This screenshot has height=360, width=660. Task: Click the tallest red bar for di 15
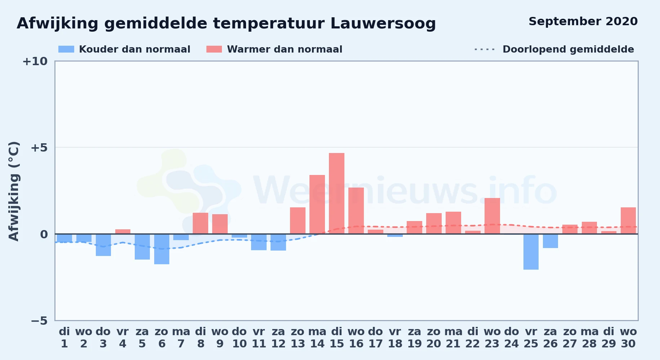click(x=336, y=193)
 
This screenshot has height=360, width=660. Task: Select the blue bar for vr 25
click(x=531, y=252)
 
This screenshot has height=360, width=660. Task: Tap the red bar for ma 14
click(x=317, y=204)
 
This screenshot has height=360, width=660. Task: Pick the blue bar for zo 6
click(x=162, y=249)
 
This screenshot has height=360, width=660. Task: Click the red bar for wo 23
click(x=492, y=216)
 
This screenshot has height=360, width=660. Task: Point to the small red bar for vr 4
click(x=123, y=231)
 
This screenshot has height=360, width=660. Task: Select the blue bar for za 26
click(x=550, y=241)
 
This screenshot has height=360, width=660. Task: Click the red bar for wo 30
click(x=628, y=221)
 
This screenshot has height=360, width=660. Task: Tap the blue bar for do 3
click(x=103, y=245)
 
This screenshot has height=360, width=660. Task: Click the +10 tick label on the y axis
click(x=35, y=61)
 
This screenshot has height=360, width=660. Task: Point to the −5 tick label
click(x=39, y=320)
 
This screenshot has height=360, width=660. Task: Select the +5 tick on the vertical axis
click(x=39, y=148)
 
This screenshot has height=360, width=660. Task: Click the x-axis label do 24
click(x=512, y=338)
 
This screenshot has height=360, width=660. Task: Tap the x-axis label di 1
click(x=64, y=338)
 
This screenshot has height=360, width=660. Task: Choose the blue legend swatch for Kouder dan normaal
click(x=66, y=49)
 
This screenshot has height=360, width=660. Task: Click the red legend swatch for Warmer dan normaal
click(x=214, y=49)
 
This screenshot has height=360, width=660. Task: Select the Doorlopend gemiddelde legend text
click(x=568, y=49)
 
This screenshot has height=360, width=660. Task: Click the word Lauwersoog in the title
click(x=383, y=24)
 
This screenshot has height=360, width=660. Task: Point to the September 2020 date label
click(x=583, y=22)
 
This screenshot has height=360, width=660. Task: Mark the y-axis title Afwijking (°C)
click(x=14, y=191)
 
